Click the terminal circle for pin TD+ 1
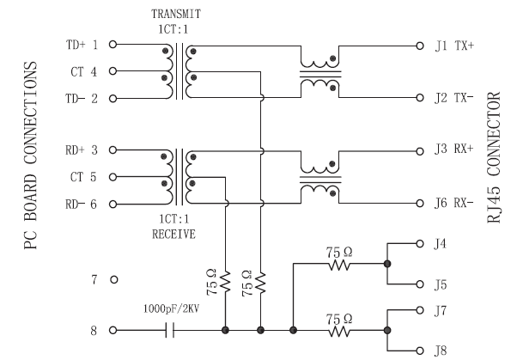[x=113, y=44]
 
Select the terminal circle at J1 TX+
[x=420, y=46]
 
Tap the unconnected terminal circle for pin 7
[x=114, y=279]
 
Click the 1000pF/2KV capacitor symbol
[x=170, y=330]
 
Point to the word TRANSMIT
[x=176, y=14]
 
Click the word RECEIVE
[x=173, y=234]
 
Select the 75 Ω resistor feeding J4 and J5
[x=338, y=264]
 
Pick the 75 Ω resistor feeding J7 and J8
[x=338, y=330]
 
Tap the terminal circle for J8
[x=420, y=351]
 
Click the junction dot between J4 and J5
[x=387, y=264]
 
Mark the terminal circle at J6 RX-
[x=420, y=204]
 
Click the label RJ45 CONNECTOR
[x=494, y=157]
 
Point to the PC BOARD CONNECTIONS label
[x=31, y=156]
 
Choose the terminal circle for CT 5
[x=113, y=177]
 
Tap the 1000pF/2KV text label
[x=172, y=308]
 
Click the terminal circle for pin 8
[x=113, y=330]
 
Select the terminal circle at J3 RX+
[x=420, y=151]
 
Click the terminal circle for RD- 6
[x=113, y=204]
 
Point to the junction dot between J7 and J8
[x=387, y=330]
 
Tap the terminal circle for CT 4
[x=113, y=71]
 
